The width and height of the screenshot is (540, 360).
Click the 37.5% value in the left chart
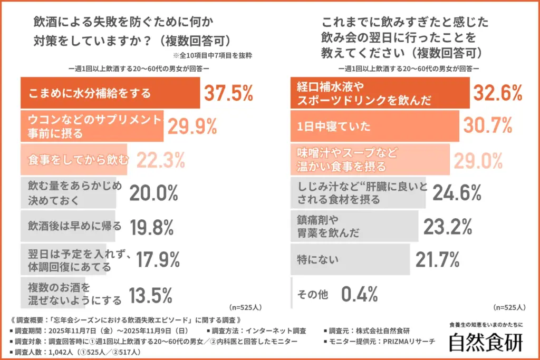click(x=228, y=93)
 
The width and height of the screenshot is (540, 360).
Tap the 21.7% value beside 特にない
click(x=440, y=259)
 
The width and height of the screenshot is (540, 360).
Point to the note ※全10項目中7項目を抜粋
click(x=213, y=54)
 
